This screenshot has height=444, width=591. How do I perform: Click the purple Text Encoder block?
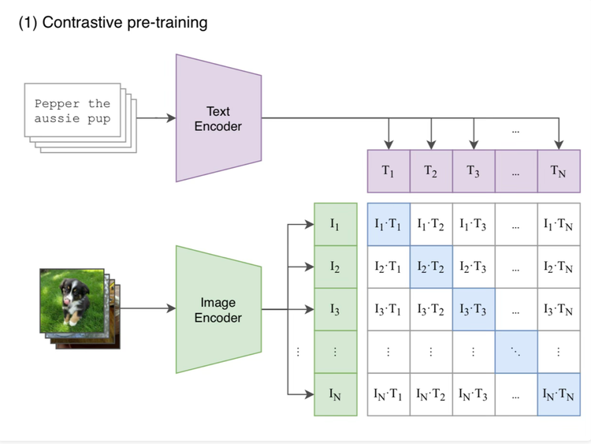[218, 118]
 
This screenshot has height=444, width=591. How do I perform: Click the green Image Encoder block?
[218, 309]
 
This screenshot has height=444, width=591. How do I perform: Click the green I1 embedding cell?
[335, 224]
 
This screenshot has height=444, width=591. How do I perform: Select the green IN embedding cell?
[335, 394]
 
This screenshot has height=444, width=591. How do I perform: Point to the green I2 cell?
[335, 267]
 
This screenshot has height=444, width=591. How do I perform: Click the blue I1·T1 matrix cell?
[388, 224]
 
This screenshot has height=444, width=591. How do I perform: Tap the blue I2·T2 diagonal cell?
[431, 267]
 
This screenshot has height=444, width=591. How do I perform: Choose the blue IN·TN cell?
[559, 394]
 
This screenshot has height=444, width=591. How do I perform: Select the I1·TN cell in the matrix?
[559, 224]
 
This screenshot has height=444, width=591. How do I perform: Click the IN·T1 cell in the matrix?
[388, 394]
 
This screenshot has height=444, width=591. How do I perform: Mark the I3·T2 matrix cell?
[431, 309]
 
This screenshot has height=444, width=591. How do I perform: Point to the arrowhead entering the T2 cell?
[431, 144]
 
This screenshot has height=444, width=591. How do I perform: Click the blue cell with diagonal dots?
[516, 352]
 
